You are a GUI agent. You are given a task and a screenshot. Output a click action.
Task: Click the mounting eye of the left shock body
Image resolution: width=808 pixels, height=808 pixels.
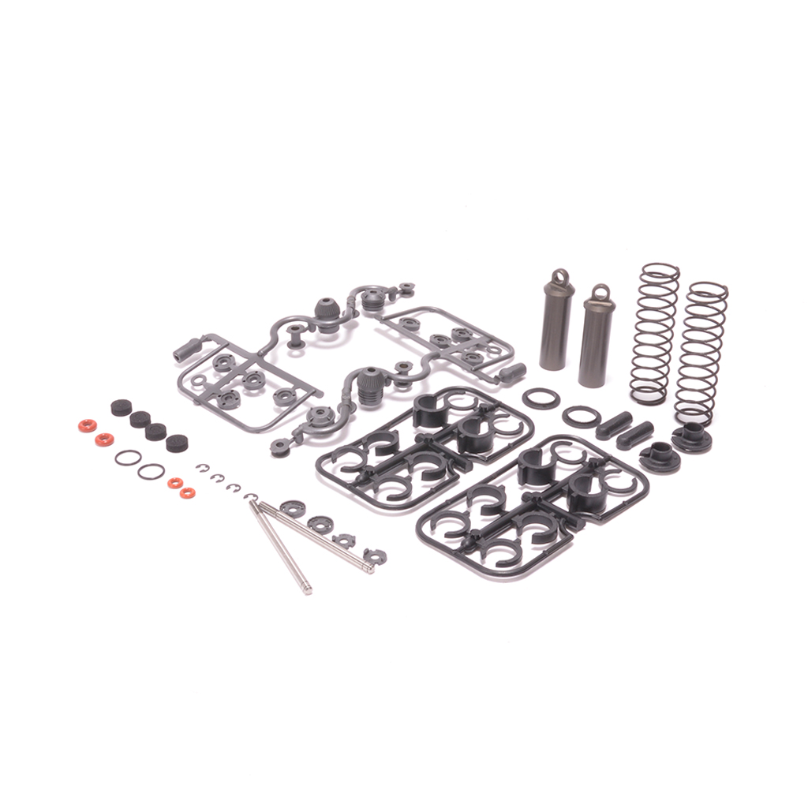559,278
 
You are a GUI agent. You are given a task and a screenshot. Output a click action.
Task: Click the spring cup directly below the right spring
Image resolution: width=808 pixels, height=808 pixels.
692,436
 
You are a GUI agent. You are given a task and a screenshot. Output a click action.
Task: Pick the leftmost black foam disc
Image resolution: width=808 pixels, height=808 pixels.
121,407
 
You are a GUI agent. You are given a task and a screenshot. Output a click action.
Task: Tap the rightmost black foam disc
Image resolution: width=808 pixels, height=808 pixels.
178,443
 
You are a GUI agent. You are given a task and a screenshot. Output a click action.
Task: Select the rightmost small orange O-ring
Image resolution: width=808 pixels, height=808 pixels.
187,493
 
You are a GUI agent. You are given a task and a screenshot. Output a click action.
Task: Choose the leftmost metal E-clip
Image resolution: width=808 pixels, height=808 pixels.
202,467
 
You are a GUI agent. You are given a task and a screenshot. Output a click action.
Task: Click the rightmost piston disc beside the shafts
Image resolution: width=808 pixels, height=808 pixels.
376,556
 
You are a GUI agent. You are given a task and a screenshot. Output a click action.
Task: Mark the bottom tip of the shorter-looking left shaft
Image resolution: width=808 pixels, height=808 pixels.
307,589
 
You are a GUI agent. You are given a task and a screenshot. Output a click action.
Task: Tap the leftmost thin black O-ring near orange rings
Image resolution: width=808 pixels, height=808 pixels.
128,458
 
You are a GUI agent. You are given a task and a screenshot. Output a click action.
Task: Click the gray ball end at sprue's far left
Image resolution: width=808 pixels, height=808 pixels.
188,349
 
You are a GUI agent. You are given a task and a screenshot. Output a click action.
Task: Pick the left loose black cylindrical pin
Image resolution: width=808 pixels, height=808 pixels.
614,425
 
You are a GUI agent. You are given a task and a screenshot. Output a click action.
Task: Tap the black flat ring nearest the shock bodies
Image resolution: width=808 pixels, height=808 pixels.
541,398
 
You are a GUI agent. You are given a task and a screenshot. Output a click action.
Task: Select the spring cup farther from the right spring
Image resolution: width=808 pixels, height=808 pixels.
660,456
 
